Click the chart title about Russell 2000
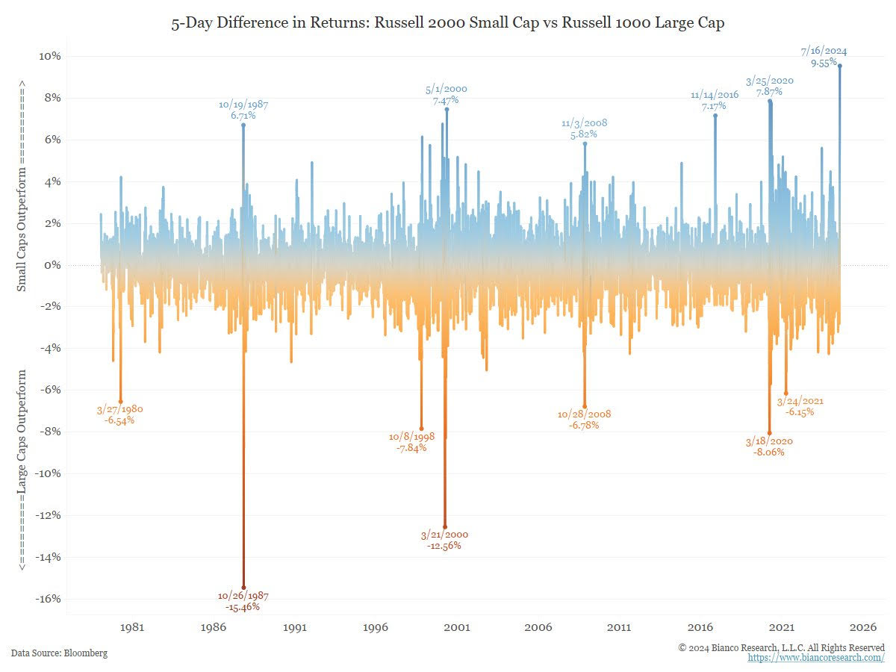point(448,24)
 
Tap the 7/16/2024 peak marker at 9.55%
point(840,66)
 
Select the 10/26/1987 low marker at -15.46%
point(243,588)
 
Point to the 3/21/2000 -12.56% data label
point(444,540)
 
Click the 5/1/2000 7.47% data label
point(446,95)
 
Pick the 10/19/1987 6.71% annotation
point(243,111)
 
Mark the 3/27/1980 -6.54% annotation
point(120,415)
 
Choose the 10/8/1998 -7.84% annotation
point(411,442)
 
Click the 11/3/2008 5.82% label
point(579,129)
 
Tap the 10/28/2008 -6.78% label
point(584,419)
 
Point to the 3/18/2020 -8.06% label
point(769,447)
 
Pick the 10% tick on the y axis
point(50,57)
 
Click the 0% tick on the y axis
point(52,265)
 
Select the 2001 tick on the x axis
point(457,628)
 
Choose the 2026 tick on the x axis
point(862,628)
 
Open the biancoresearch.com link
point(816,658)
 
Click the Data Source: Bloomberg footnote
point(59,653)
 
